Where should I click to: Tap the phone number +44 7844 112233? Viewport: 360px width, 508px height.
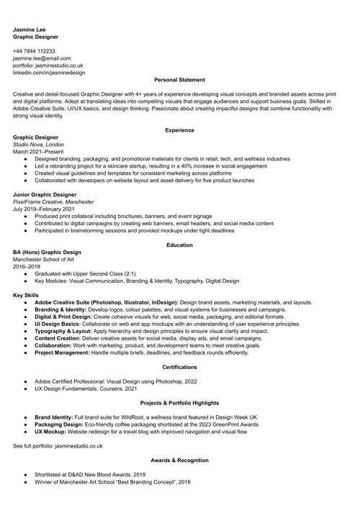[x=35, y=52]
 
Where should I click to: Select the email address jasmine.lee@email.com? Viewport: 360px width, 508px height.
[x=42, y=59]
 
